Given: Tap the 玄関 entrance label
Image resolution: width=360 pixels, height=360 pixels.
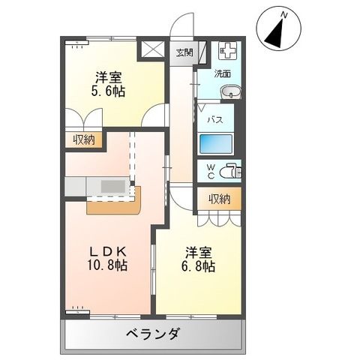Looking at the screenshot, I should [x=184, y=52].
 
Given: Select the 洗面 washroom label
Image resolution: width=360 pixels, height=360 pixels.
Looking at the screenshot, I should [x=223, y=73].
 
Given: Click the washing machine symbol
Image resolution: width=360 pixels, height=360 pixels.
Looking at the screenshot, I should [x=227, y=52].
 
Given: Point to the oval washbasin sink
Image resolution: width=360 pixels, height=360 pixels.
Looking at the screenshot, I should [x=232, y=93].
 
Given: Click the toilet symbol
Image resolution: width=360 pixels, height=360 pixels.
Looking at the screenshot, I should [x=232, y=170].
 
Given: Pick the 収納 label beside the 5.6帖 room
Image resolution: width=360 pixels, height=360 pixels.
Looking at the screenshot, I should [x=84, y=139].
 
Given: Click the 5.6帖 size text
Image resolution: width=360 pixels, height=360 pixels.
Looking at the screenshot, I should [x=109, y=91].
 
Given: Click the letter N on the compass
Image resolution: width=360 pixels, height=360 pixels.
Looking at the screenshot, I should [x=283, y=13].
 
